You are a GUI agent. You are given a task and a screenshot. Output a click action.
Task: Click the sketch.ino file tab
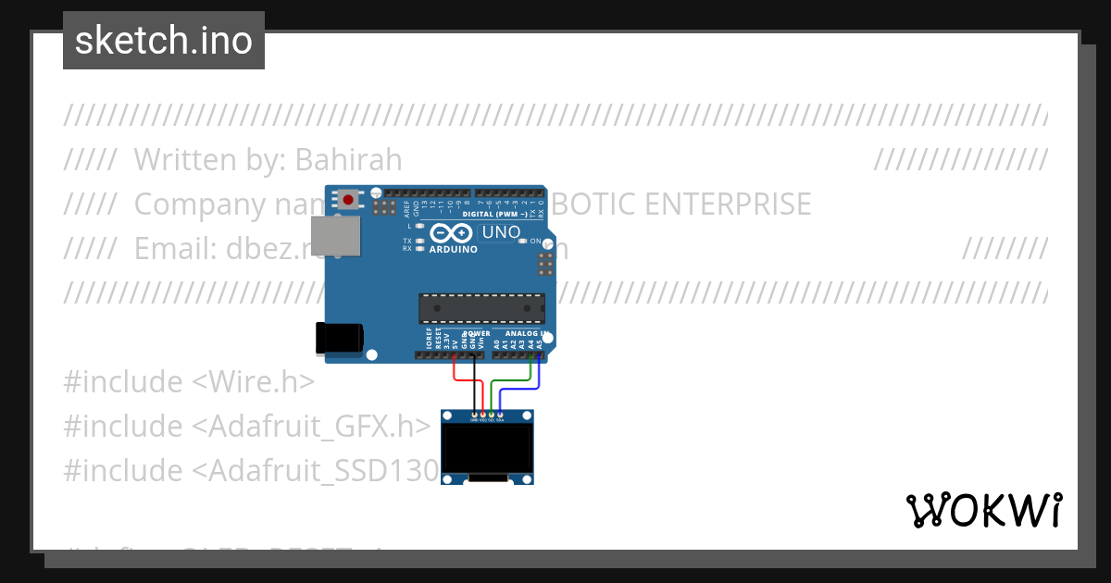(164, 41)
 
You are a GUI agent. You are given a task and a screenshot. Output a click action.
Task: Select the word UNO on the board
(502, 232)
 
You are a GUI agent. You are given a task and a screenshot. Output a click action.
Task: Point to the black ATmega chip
(481, 308)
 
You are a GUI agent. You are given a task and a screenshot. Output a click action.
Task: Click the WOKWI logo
(983, 510)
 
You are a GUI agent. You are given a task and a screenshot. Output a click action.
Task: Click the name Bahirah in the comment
(348, 160)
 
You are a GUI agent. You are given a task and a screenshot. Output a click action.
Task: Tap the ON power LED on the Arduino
(524, 242)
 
